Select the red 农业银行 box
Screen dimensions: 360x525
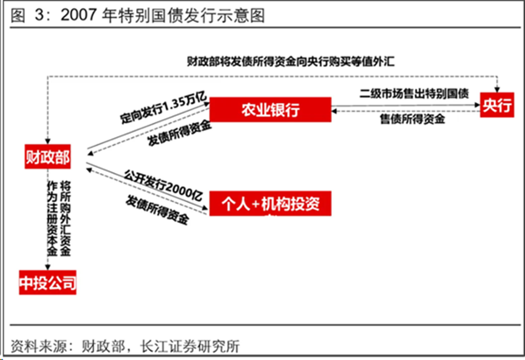[x=271, y=110]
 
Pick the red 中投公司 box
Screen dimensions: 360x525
[x=48, y=282]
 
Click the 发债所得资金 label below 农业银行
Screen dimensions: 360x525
[x=180, y=134]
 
